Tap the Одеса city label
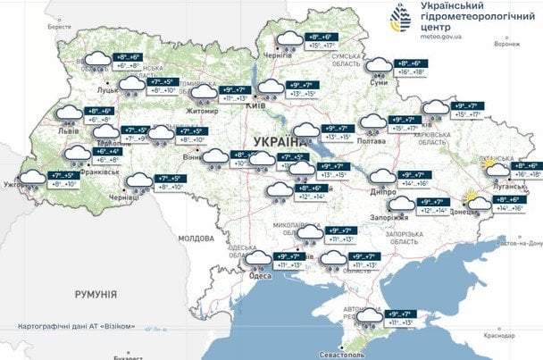click(259, 276)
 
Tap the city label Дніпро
click(382, 191)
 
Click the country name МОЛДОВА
click(196, 239)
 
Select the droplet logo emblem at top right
click(398, 20)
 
